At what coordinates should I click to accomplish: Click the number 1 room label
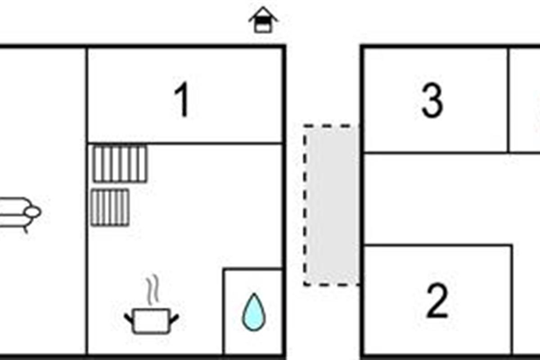(182, 101)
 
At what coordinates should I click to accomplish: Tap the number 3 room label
(432, 101)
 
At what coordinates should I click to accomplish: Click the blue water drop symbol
(253, 312)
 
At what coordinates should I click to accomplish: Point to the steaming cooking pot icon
(152, 319)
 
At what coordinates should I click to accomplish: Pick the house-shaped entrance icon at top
(263, 20)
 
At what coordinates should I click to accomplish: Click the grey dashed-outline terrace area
(332, 205)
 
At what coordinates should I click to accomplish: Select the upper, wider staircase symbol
(120, 163)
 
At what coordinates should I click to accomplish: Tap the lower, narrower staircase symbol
(110, 207)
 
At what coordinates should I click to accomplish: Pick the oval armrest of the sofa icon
(32, 211)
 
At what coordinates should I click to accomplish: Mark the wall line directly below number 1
(184, 144)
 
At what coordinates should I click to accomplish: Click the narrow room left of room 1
(43, 135)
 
